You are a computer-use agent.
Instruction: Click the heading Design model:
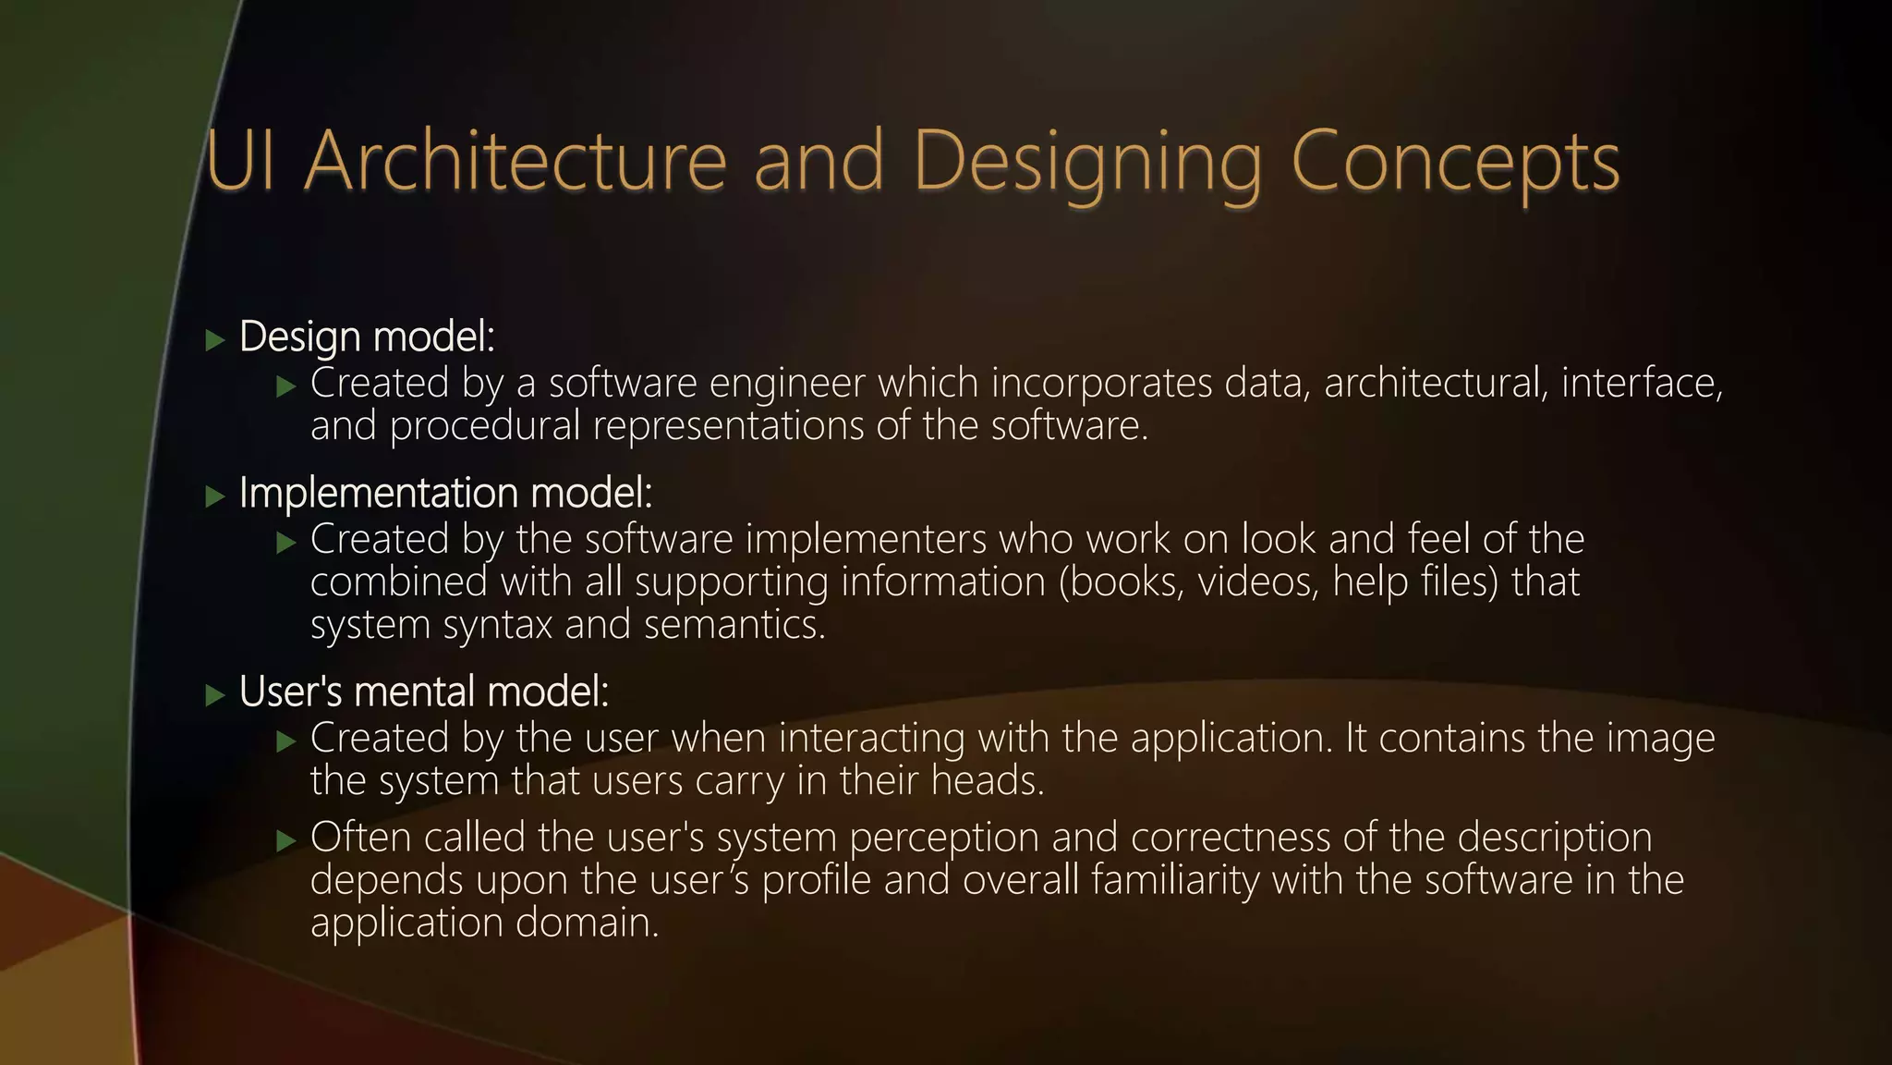coord(367,337)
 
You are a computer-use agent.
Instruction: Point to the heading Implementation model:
coord(445,493)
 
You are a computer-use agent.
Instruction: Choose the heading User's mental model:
coord(424,692)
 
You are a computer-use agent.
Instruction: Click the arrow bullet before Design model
coord(215,340)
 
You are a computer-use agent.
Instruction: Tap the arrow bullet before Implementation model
coord(215,496)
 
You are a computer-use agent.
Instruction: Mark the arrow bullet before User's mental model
coord(215,695)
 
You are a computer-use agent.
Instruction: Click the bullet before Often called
coord(286,840)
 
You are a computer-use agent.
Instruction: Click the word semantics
coord(734,625)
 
